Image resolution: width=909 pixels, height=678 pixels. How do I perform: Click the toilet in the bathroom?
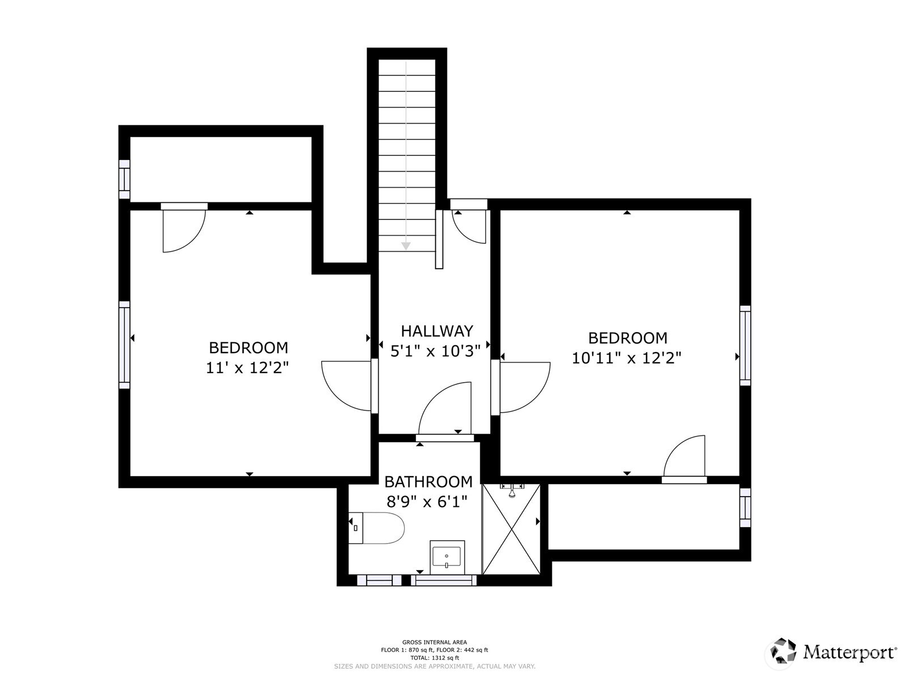(377, 528)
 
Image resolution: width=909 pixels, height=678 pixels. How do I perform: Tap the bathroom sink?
(447, 557)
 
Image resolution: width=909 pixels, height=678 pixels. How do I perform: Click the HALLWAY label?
(436, 331)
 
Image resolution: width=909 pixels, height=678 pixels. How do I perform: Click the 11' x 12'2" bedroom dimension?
(247, 368)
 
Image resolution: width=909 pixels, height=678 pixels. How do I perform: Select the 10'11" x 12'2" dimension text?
(626, 358)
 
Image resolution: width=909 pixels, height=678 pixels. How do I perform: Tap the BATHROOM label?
(428, 482)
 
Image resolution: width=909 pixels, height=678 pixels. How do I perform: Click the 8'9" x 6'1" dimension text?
(428, 502)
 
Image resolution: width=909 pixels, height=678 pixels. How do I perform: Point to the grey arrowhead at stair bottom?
(406, 246)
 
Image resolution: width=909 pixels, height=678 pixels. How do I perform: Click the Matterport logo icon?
(783, 651)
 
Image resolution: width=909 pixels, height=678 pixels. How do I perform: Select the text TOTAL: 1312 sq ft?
(435, 658)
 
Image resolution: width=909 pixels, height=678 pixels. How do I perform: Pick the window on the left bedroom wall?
(124, 345)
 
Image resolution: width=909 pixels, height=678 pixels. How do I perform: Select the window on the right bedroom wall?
(745, 346)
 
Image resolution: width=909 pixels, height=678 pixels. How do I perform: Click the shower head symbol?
(512, 491)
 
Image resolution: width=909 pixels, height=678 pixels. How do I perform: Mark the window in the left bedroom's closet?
(124, 179)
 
